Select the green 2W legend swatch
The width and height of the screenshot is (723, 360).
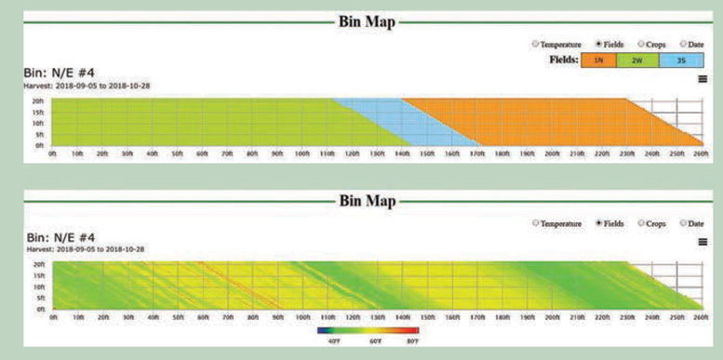637,60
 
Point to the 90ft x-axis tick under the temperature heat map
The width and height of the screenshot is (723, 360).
276,317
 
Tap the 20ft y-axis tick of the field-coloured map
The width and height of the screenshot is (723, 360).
38,100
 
